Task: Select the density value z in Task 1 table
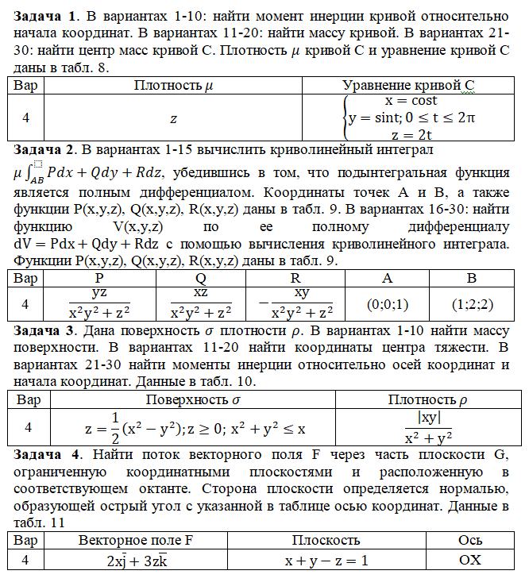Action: coord(174,118)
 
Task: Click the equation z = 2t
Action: coord(411,133)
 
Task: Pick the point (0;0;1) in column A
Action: coord(388,304)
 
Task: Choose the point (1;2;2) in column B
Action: coord(472,304)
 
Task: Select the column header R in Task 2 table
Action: coord(295,279)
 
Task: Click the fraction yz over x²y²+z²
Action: coord(99,304)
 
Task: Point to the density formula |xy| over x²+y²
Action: coord(428,427)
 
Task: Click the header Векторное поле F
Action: coord(135,540)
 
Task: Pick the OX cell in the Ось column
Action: coord(470,560)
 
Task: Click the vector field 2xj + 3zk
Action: coord(135,560)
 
